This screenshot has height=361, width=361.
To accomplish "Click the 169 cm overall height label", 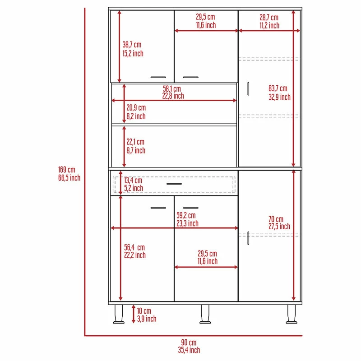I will [x=69, y=174].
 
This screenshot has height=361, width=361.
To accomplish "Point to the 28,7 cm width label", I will [x=269, y=21].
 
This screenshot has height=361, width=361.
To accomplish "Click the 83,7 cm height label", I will [x=279, y=93].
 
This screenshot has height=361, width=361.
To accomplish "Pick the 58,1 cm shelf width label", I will [x=173, y=93].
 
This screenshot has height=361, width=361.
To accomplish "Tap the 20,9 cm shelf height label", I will [x=136, y=112].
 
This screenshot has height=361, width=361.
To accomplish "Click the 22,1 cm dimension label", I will [x=136, y=146].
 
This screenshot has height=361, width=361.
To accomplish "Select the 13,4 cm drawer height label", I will [x=133, y=184].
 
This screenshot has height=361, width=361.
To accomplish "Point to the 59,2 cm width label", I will [x=187, y=219].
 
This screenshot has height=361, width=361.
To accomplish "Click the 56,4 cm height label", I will [x=134, y=251].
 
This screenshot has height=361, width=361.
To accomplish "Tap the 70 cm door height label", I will [x=279, y=223].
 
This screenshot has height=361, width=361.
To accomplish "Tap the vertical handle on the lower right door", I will [x=248, y=238].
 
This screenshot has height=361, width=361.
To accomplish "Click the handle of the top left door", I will [x=158, y=77].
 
